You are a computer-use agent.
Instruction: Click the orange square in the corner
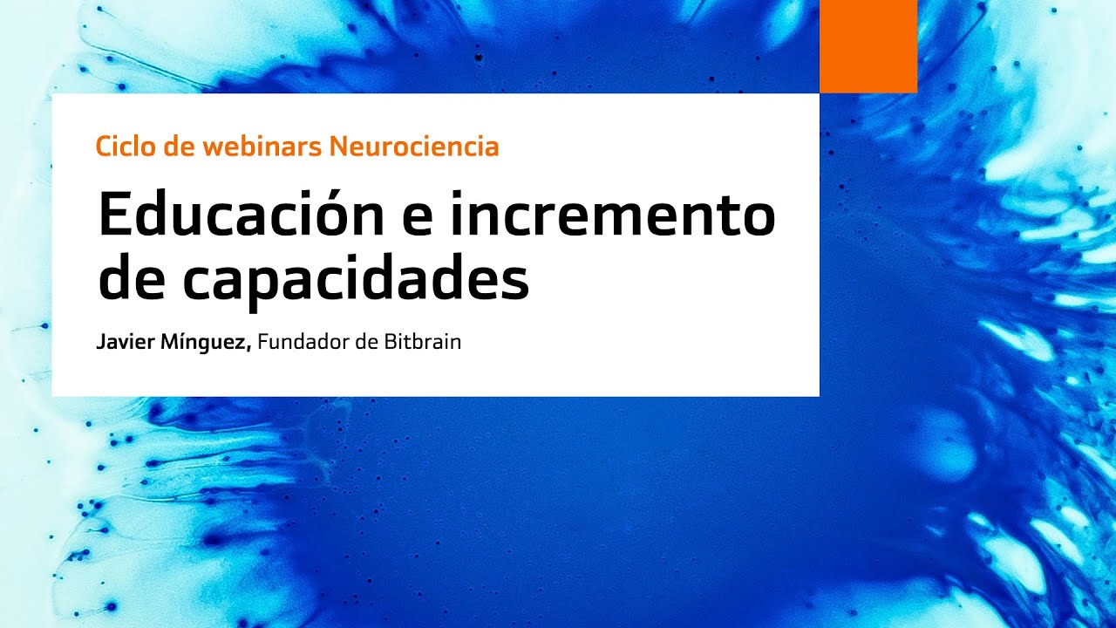[868, 45]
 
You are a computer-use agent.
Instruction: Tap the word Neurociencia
[414, 147]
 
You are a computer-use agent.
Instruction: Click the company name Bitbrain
[422, 342]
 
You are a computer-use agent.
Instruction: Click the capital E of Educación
[115, 215]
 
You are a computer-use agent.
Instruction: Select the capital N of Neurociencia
[337, 147]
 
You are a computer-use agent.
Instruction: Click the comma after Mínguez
[250, 348]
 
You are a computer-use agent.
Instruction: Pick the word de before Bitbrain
[365, 342]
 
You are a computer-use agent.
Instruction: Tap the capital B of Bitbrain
[389, 342]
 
